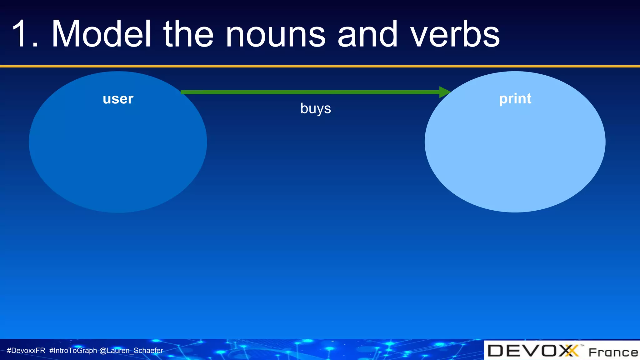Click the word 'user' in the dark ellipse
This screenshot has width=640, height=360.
pyautogui.click(x=118, y=99)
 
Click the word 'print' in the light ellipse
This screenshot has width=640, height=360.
pyautogui.click(x=515, y=99)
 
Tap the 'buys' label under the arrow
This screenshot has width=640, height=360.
pyautogui.click(x=315, y=108)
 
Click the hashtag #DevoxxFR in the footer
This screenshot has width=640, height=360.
pyautogui.click(x=26, y=351)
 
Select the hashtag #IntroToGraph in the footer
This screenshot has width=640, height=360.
pyautogui.click(x=73, y=351)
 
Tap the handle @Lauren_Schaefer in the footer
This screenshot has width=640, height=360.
pyautogui.click(x=131, y=351)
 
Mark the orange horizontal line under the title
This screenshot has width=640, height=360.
pyautogui.click(x=320, y=66)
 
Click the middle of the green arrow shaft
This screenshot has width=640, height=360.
pyautogui.click(x=312, y=92)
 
